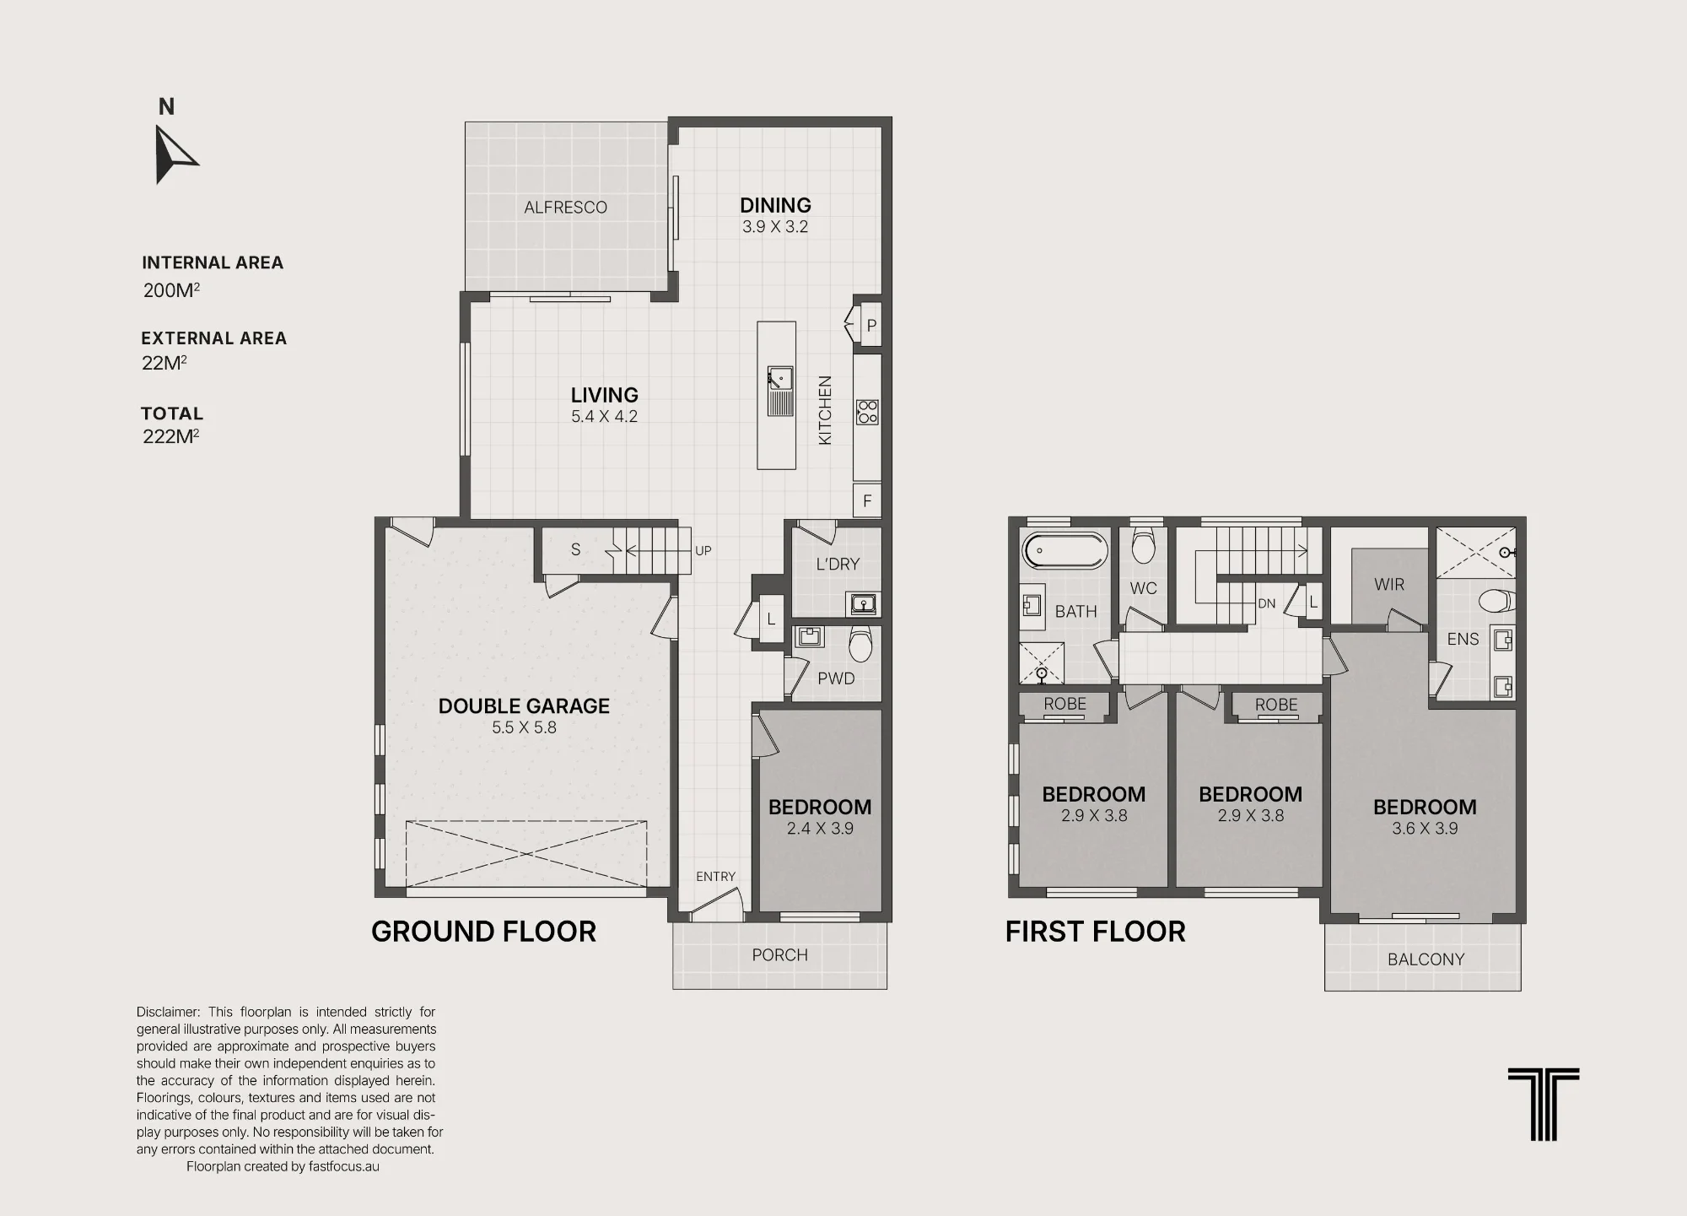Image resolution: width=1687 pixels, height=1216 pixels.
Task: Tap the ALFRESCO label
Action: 565,208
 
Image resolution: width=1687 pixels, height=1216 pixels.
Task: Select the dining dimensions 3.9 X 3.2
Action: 775,227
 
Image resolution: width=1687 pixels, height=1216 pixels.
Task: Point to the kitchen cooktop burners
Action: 867,412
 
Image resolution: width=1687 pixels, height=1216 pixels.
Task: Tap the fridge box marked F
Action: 867,501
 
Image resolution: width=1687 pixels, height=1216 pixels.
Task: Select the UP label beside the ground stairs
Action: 703,551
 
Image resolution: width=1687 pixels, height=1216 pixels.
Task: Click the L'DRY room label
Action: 838,565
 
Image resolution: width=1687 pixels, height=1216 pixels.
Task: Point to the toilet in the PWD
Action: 860,644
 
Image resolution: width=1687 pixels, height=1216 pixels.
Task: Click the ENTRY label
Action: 715,877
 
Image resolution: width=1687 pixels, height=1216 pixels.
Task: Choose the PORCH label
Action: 780,955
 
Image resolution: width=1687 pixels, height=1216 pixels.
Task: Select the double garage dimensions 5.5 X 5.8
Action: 524,727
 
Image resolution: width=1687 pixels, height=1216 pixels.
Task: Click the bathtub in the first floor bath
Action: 1064,551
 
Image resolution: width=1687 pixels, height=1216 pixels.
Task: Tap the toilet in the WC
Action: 1143,545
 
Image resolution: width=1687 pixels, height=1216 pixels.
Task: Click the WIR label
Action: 1389,584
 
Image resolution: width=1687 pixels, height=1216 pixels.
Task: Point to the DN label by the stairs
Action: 1267,603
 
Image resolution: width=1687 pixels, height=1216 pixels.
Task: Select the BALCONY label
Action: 1426,959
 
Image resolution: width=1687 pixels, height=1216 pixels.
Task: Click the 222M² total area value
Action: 171,436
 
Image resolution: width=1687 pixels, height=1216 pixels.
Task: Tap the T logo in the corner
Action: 1544,1105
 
